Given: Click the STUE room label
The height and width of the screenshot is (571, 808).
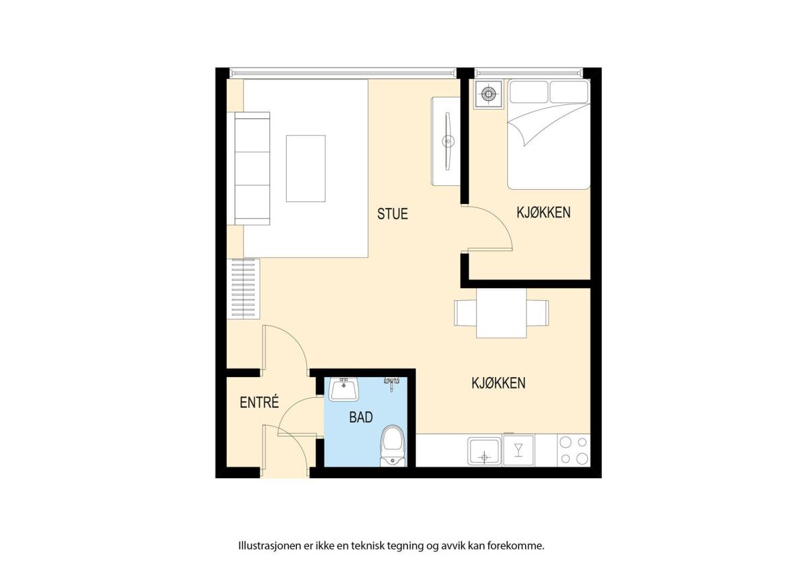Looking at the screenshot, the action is coord(393,213).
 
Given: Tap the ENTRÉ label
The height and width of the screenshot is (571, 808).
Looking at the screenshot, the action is coord(259,402).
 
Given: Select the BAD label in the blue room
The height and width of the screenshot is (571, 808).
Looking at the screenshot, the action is coord(361,417).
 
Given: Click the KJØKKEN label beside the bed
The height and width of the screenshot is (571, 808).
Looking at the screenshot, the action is coord(543,213).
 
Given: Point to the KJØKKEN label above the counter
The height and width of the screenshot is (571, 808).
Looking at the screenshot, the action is coord(498,383).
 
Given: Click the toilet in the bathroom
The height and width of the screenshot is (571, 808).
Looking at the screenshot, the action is coord(393,446).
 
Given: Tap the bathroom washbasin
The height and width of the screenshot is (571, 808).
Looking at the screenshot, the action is coord(344,390).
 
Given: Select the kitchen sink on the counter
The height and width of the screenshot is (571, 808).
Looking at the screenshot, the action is coord(484,451).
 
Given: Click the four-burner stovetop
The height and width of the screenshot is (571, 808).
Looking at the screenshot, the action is coord(574,450).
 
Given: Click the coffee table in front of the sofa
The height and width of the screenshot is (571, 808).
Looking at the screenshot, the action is coord(306,168).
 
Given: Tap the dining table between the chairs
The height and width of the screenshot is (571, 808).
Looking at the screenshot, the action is coord(502,313).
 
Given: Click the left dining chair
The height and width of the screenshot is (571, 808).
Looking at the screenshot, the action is coord(465,313).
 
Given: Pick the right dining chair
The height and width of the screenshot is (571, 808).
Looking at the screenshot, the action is coord(537,313).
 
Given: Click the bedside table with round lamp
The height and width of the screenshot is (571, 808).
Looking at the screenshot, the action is coord(488,94).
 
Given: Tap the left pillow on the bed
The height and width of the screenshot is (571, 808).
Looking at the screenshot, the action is coord(529,92).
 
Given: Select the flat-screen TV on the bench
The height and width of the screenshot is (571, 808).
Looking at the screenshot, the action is coord(448,141).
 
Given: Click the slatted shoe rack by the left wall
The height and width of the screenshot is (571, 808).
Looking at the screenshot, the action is coord(243,289).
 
